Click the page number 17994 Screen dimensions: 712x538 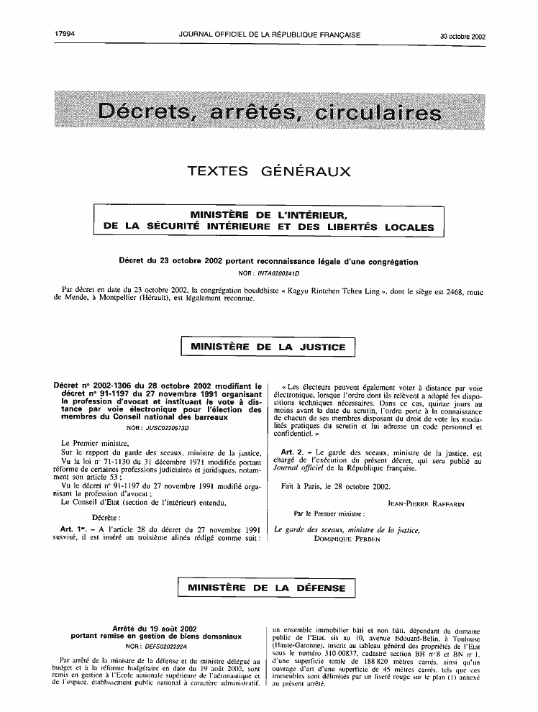[65, 35]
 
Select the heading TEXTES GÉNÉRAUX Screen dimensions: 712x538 [268, 171]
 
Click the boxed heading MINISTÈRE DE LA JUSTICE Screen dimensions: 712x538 [268, 347]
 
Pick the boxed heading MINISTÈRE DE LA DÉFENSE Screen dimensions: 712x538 [268, 588]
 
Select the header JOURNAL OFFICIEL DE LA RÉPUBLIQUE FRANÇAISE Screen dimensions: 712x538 [270, 35]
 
